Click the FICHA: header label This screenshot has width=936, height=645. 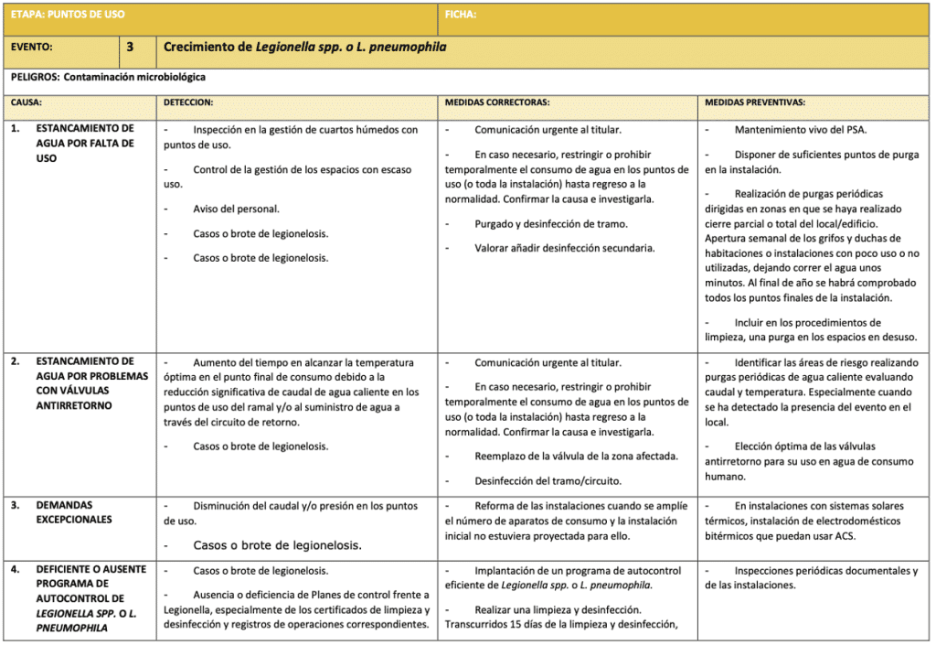[x=461, y=15]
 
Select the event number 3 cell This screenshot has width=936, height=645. [x=130, y=47]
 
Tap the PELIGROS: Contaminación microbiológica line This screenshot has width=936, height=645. [x=109, y=78]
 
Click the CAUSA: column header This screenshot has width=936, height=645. [x=27, y=103]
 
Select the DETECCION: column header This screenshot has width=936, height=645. [x=188, y=103]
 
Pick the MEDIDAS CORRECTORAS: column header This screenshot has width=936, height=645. [x=496, y=103]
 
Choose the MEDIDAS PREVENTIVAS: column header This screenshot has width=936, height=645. [x=755, y=103]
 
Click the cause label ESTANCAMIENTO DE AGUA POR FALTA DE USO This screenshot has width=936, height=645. [x=85, y=144]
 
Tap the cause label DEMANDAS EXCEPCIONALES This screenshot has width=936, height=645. [x=74, y=512]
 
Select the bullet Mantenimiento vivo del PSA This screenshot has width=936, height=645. [x=800, y=130]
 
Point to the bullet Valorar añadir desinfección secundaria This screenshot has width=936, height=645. [x=564, y=248]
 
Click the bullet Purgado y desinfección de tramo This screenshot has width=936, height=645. [x=550, y=224]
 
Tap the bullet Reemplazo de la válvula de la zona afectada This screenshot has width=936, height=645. [x=576, y=456]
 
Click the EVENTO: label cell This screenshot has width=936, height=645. [x=33, y=47]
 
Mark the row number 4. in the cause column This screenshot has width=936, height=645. [x=15, y=569]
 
